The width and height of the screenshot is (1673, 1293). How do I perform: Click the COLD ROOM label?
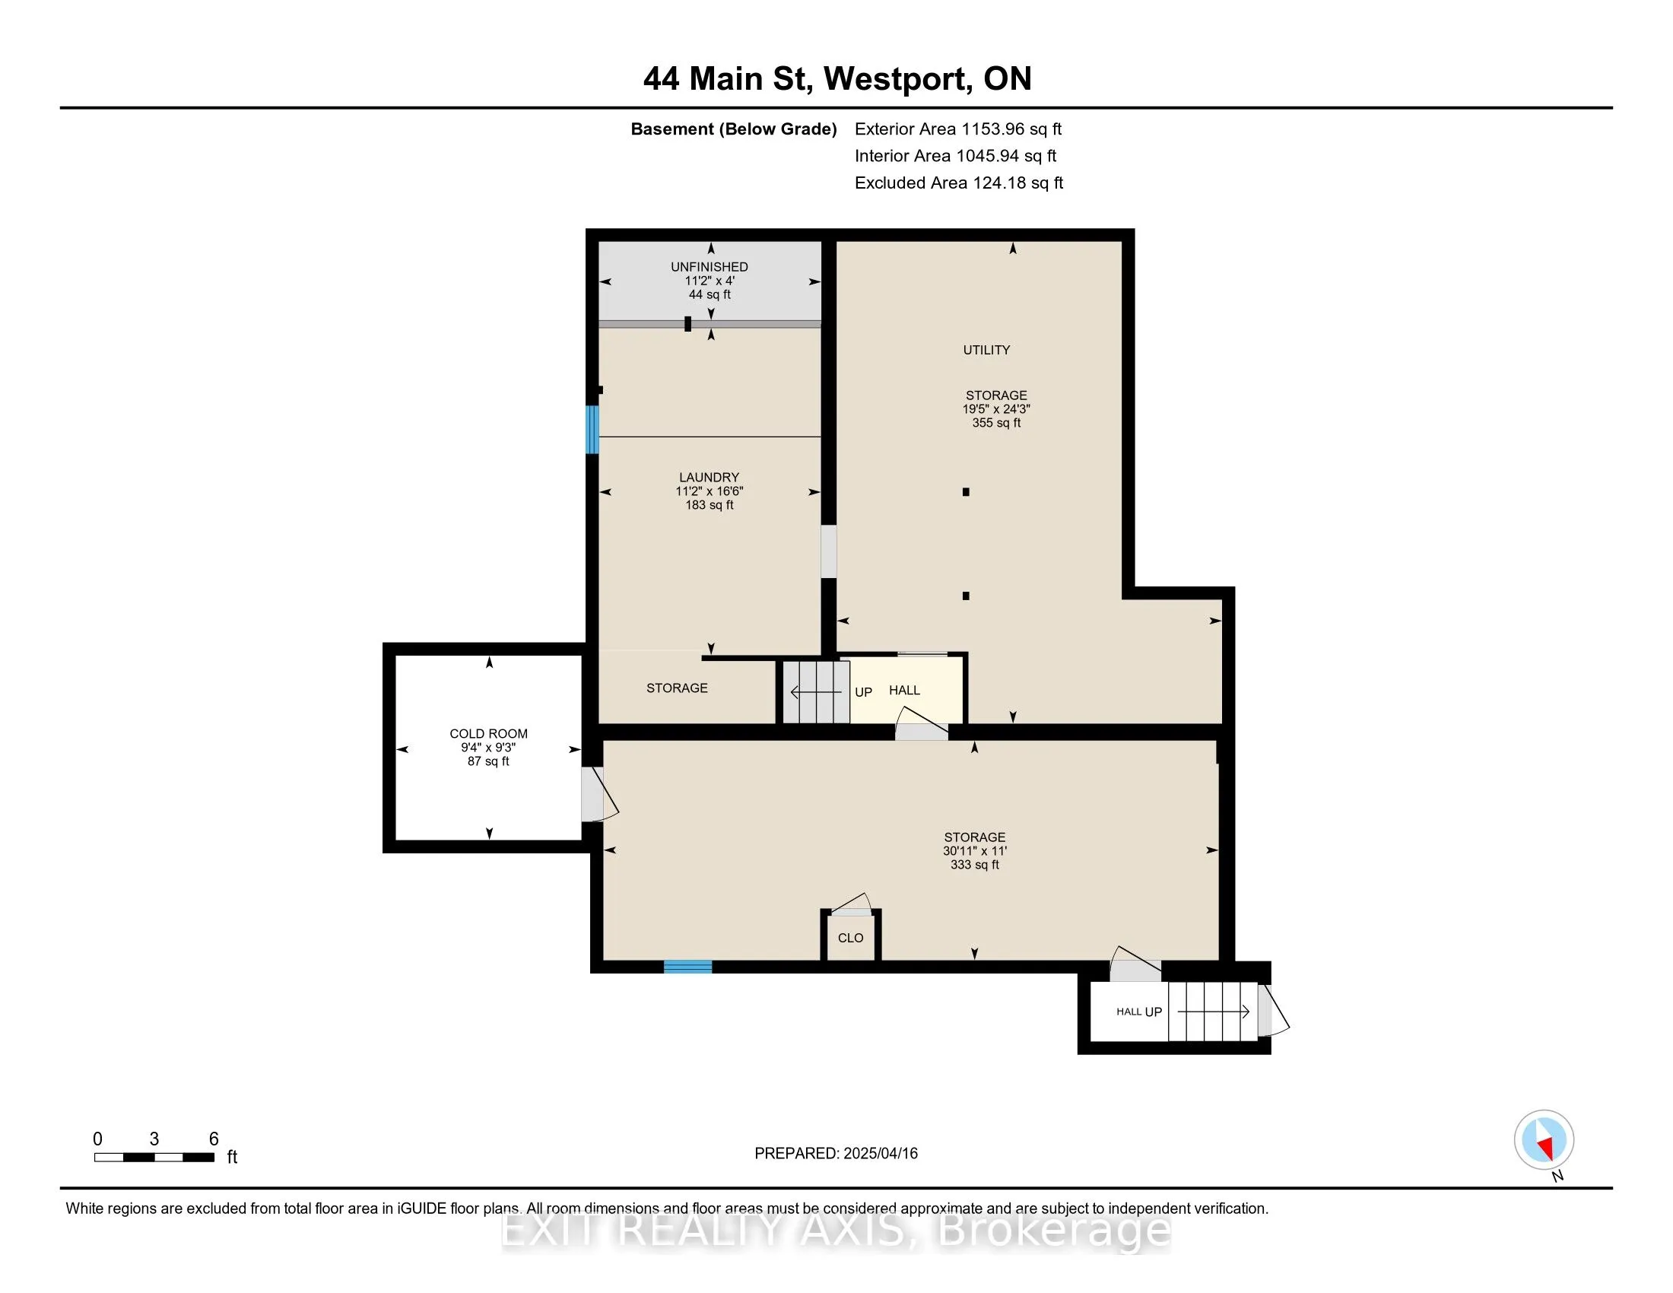click(x=488, y=733)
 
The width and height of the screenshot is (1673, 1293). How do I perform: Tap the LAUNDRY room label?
click(x=709, y=477)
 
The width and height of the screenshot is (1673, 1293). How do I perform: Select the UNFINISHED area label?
click(x=710, y=266)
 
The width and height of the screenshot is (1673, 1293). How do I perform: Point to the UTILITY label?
click(x=986, y=350)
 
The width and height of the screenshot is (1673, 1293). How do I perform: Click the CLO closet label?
click(x=850, y=938)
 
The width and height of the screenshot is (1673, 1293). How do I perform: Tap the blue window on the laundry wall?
click(x=592, y=429)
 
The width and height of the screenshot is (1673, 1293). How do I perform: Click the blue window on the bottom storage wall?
click(x=687, y=967)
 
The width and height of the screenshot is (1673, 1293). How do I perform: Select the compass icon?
click(x=1544, y=1139)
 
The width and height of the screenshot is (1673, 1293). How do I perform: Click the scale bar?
click(x=154, y=1157)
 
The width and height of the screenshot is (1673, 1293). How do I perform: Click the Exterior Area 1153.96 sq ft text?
click(x=957, y=129)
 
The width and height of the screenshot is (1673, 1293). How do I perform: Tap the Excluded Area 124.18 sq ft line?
click(x=958, y=183)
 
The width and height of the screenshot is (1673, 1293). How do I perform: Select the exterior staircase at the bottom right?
click(x=1213, y=1011)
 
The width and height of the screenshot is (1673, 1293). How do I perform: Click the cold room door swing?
click(x=599, y=794)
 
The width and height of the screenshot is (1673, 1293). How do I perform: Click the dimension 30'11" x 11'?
click(x=974, y=851)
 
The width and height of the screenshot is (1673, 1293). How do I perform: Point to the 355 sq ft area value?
click(x=996, y=423)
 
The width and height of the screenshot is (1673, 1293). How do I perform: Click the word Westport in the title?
click(x=894, y=79)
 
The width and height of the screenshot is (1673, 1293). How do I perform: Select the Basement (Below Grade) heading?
click(x=733, y=129)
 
